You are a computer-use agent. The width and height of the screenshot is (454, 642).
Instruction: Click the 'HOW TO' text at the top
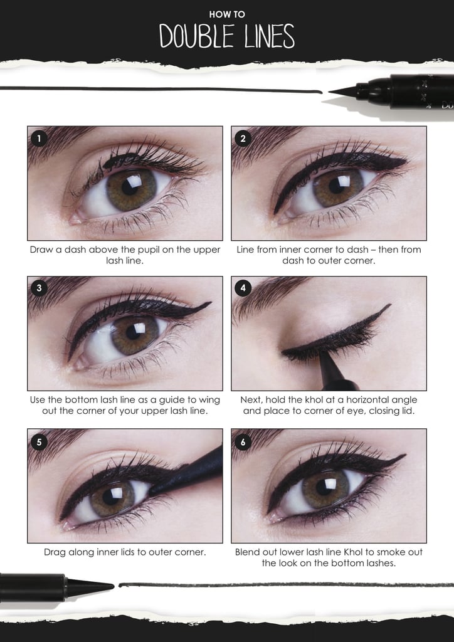point(227,13)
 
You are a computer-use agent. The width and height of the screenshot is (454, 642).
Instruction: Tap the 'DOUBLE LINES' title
point(227,36)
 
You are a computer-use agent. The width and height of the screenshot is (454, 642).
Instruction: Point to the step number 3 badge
point(39,288)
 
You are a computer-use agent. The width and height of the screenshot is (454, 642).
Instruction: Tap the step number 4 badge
point(243,288)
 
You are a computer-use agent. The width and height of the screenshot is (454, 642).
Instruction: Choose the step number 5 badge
point(39,441)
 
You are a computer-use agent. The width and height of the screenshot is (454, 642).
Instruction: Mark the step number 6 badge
point(243,441)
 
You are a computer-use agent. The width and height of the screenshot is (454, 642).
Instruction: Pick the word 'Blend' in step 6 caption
point(249,552)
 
